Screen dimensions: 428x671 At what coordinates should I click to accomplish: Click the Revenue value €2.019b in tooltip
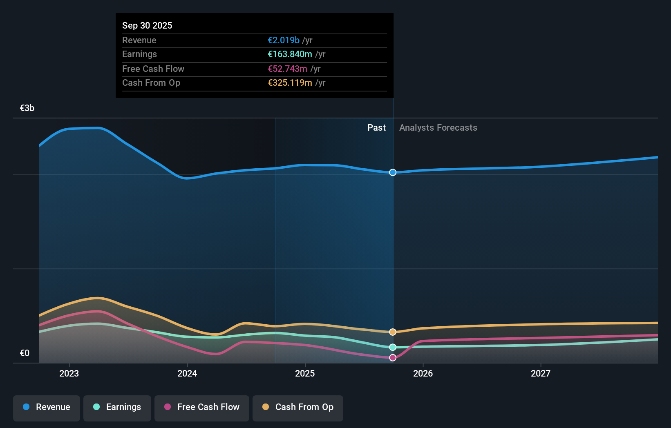[x=283, y=40]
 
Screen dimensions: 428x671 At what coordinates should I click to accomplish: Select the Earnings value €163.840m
[x=290, y=54]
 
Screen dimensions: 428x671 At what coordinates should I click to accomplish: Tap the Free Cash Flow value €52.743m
[x=287, y=69]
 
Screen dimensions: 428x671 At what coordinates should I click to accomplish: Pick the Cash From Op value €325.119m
[x=290, y=83]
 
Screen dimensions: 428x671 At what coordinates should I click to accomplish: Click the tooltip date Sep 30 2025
[x=147, y=26]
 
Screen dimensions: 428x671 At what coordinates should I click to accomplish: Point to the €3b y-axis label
[x=27, y=108]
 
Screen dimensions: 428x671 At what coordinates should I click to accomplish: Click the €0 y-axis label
[x=25, y=353]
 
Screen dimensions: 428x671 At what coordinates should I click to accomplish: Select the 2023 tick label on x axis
[x=69, y=374]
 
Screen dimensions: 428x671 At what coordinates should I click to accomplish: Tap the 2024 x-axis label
[x=187, y=374]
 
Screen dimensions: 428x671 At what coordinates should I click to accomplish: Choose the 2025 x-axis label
[x=305, y=374]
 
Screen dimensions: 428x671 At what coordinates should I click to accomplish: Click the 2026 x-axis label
[x=423, y=374]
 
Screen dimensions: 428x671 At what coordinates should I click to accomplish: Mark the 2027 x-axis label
[x=541, y=374]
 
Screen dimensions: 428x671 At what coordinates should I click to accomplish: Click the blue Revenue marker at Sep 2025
[x=393, y=172]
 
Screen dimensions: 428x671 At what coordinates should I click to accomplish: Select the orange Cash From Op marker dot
[x=393, y=332]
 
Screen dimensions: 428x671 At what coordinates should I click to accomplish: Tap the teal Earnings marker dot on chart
[x=393, y=347]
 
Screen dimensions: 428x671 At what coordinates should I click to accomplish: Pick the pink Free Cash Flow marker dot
[x=393, y=358]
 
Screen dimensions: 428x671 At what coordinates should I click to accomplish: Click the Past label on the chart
[x=376, y=128]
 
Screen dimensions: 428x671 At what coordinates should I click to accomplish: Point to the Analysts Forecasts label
[x=438, y=128]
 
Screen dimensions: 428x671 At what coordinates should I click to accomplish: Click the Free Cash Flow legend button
[x=202, y=408]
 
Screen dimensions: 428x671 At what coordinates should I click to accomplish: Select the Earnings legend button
[x=117, y=408]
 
